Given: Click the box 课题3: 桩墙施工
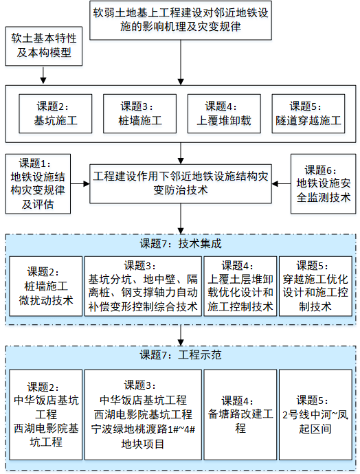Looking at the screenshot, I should (x=140, y=113).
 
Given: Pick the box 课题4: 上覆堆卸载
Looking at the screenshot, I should (x=224, y=113).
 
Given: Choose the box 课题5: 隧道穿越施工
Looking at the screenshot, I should (x=308, y=113).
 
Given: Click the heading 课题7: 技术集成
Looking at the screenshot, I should (x=181, y=243).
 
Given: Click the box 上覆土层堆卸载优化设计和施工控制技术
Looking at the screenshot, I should (x=240, y=286).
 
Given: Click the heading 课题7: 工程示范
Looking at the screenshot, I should (x=181, y=354).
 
